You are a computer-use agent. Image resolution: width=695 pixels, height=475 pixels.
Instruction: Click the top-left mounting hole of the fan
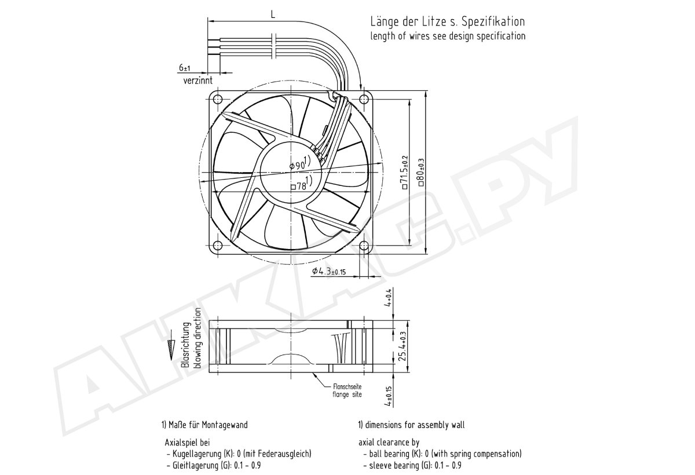click(218, 100)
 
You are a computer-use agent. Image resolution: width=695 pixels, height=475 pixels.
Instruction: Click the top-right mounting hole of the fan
click(364, 100)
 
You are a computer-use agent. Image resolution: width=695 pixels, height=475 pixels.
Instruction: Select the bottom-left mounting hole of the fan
click(218, 246)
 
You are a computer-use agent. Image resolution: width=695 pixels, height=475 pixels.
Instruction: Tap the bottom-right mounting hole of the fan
click(364, 246)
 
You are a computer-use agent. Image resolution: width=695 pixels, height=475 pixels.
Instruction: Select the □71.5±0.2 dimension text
click(405, 172)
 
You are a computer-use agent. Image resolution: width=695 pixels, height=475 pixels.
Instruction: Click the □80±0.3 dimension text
click(421, 172)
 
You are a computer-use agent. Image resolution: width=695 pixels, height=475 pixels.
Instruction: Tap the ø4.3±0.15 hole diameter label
click(329, 272)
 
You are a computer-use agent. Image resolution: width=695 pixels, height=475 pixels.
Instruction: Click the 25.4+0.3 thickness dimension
click(403, 346)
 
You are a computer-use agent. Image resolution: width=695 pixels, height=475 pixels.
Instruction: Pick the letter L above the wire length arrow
click(273, 14)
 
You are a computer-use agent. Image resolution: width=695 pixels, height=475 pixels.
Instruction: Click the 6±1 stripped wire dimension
click(184, 67)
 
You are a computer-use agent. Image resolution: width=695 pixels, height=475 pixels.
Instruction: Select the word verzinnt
click(198, 81)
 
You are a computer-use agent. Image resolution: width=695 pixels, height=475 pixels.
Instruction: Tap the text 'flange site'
click(347, 394)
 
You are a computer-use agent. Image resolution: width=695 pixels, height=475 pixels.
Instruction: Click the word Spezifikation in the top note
click(493, 21)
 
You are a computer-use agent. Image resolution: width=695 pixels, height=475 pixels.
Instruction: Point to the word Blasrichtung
click(185, 345)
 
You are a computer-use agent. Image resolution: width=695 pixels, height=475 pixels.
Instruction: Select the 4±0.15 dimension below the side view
click(388, 396)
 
